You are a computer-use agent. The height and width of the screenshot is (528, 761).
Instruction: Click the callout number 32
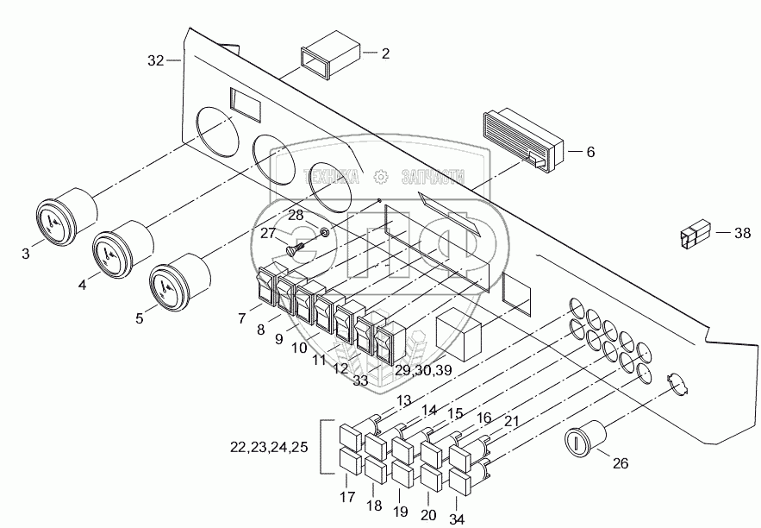[x=155, y=60]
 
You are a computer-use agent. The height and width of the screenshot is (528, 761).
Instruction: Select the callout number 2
[x=384, y=53]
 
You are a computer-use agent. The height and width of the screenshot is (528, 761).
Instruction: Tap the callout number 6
[x=590, y=152]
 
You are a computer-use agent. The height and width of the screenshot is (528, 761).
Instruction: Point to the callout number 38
[x=743, y=231]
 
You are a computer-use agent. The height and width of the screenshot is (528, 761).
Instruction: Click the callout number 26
[x=620, y=463]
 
